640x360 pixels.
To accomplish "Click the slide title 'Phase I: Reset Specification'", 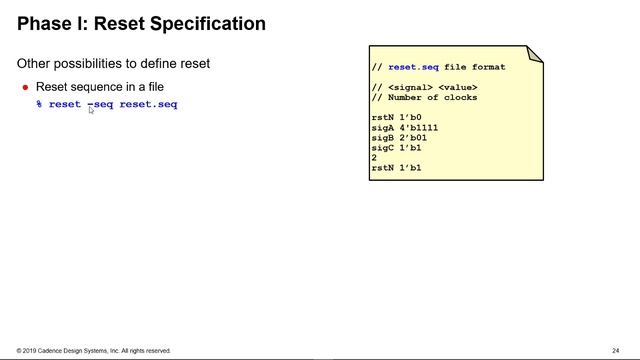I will (x=141, y=23).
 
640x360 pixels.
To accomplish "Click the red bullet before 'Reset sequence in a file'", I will (x=26, y=87).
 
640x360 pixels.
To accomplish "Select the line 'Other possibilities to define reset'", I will (x=113, y=63).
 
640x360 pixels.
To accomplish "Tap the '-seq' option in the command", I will (x=100, y=104).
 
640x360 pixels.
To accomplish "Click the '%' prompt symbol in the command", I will (x=39, y=104).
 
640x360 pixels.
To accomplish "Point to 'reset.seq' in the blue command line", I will (x=148, y=104).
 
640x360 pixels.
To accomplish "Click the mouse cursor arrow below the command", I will (x=91, y=111).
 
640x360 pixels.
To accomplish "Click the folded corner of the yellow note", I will (x=534, y=54).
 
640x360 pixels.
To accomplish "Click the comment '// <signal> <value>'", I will (x=424, y=88).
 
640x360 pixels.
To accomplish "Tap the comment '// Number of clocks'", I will (x=424, y=98).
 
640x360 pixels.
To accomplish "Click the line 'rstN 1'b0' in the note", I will (x=396, y=118).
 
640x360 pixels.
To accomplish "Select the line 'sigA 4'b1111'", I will (x=404, y=128).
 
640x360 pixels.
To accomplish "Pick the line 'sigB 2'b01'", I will (x=398, y=138).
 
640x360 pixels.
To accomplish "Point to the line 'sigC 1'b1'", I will (x=396, y=148).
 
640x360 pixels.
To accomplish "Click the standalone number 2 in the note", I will (x=374, y=158).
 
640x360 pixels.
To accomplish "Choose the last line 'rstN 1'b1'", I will (x=396, y=168).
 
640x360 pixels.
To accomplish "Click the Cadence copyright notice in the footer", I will (x=93, y=351).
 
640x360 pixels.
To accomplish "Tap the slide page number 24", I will (x=616, y=351).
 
